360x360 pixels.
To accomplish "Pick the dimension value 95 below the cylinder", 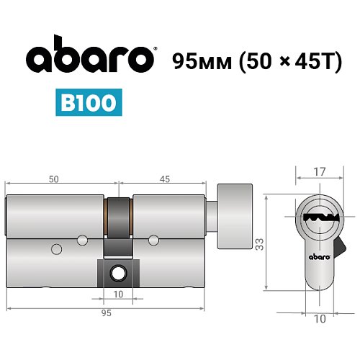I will point(106,315).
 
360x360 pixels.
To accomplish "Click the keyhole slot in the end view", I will point(317,219).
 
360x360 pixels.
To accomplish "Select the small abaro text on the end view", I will point(319,256).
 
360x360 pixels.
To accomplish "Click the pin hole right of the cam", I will point(153,239).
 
